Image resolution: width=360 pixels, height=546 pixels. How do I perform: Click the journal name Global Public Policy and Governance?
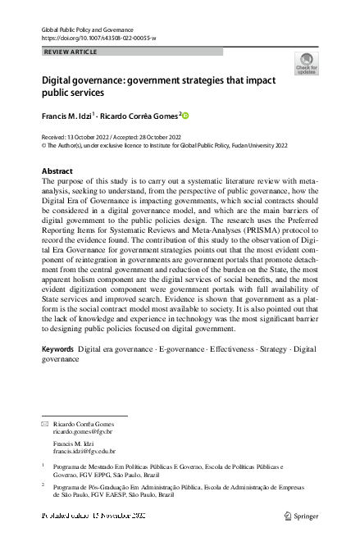click(x=86, y=30)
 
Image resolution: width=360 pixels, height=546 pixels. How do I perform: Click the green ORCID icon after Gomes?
click(x=185, y=116)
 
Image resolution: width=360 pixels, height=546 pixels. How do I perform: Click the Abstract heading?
click(x=57, y=171)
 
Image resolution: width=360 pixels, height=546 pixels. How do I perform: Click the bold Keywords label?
click(x=57, y=349)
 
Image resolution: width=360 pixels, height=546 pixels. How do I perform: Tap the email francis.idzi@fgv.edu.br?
click(x=84, y=451)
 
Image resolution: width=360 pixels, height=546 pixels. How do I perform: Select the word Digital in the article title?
click(x=58, y=82)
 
